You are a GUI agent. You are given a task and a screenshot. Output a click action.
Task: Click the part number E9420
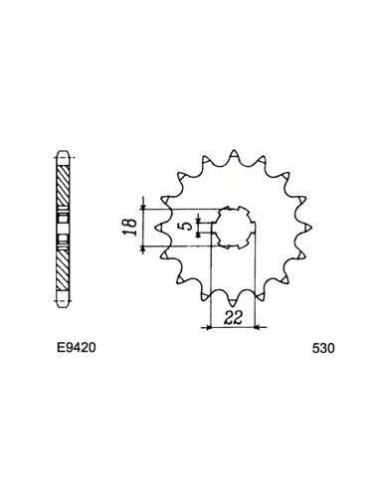click(77, 348)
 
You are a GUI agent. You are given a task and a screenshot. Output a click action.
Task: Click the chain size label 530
click(323, 348)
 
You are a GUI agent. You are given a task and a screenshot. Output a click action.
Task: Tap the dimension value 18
click(129, 227)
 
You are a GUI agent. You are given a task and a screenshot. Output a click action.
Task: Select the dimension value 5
click(187, 226)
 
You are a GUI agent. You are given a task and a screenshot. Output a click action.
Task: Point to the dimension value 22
click(233, 317)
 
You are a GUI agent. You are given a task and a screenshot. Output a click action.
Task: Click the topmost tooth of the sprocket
click(234, 154)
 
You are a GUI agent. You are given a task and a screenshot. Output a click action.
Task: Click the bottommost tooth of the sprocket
click(233, 301)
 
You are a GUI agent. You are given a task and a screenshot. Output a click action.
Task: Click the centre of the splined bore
click(234, 228)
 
